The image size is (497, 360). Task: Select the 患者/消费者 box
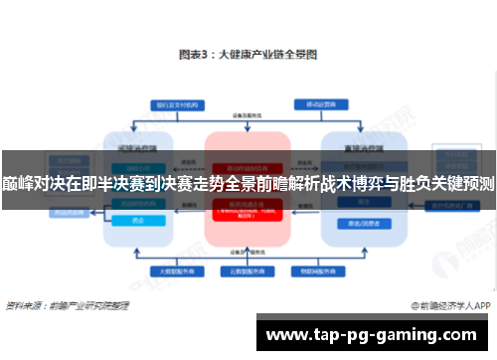pos(353,224)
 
